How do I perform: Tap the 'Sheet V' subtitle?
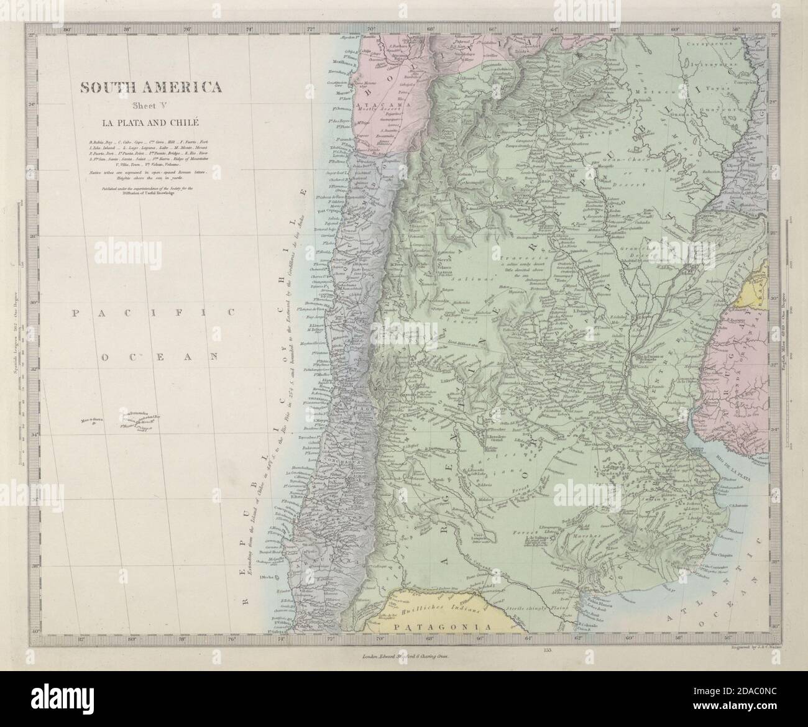click(150, 104)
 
